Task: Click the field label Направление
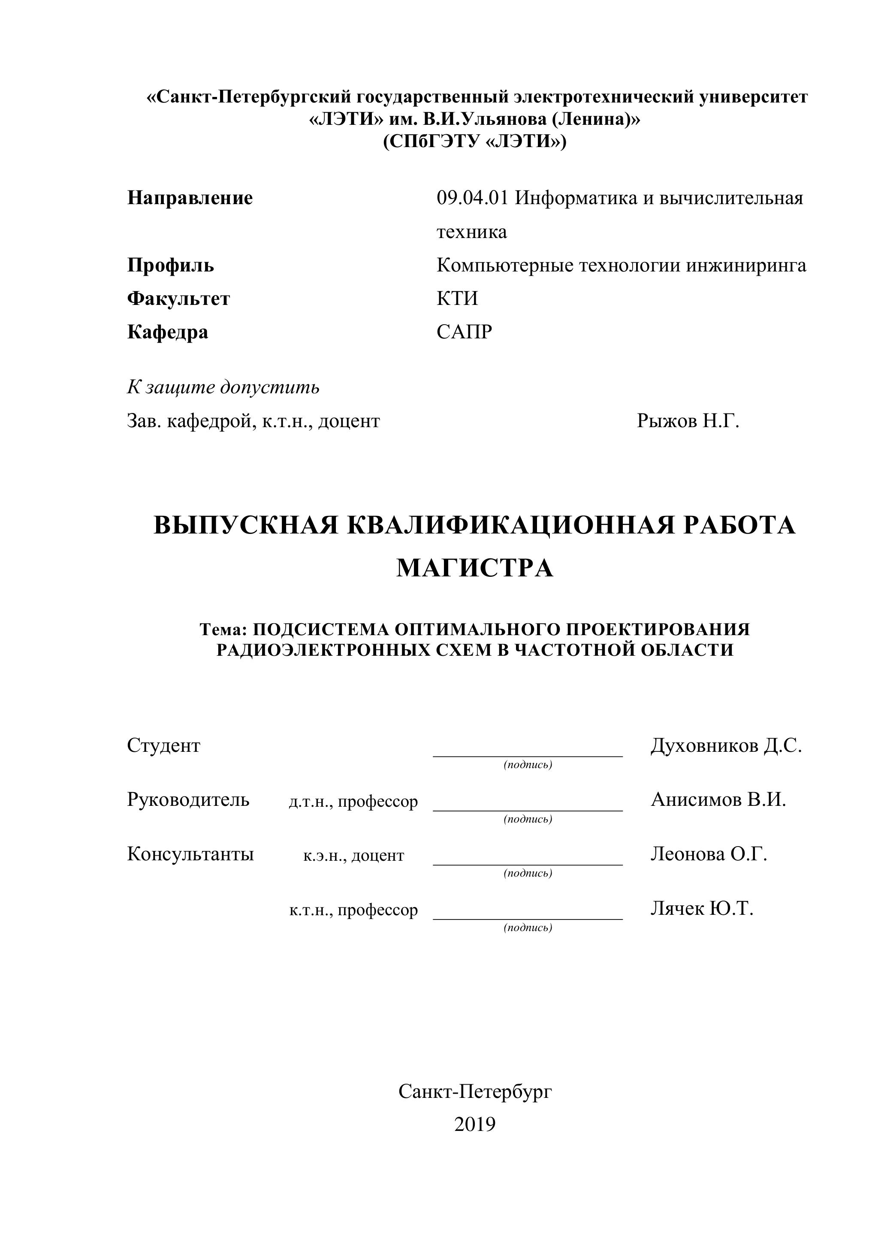(x=190, y=198)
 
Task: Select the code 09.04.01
(x=472, y=198)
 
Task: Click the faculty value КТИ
(x=457, y=299)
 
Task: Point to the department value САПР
(x=464, y=332)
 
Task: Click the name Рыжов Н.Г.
(x=688, y=421)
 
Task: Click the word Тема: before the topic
(x=224, y=629)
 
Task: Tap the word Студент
(x=163, y=745)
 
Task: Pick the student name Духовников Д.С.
(x=726, y=745)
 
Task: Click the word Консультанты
(x=190, y=854)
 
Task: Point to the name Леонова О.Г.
(x=709, y=854)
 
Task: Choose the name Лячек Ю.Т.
(x=702, y=908)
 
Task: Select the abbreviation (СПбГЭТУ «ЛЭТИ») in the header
(x=475, y=142)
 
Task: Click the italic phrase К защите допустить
(x=223, y=387)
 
